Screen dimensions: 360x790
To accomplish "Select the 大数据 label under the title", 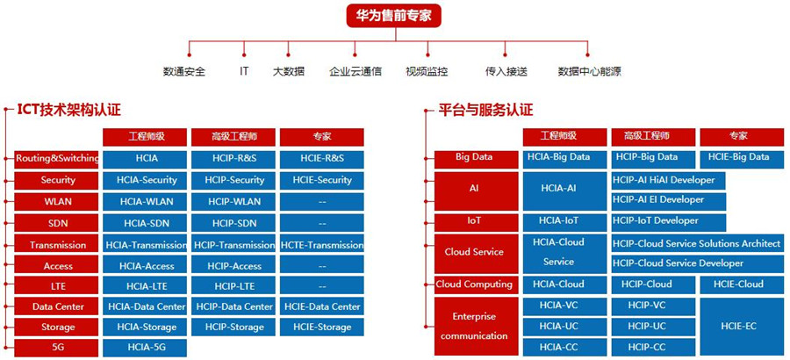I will pyautogui.click(x=288, y=71).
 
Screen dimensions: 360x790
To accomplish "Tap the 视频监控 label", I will pyautogui.click(x=427, y=71).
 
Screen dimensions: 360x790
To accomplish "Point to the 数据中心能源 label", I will pyautogui.click(x=590, y=71).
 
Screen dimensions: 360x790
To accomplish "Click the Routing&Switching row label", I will pyautogui.click(x=57, y=159).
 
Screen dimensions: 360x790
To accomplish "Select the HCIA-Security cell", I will pyautogui.click(x=147, y=180).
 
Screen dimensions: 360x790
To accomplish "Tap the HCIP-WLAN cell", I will pyautogui.click(x=233, y=202).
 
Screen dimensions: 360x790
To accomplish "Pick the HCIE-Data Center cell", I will pyautogui.click(x=322, y=307).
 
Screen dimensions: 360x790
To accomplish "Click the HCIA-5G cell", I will pyautogui.click(x=147, y=348).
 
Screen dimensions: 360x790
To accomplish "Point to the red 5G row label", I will pyautogui.click(x=57, y=348).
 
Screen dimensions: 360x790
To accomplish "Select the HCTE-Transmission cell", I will pyautogui.click(x=322, y=245).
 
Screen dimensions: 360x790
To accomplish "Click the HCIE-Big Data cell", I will pyautogui.click(x=740, y=157).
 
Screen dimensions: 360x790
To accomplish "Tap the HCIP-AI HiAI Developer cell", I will pyautogui.click(x=664, y=180).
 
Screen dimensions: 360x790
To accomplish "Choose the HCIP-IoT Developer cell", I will pyautogui.click(x=655, y=220).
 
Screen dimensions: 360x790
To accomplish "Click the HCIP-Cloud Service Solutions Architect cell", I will pyautogui.click(x=696, y=243).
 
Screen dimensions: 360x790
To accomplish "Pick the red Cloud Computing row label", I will pyautogui.click(x=474, y=284).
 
